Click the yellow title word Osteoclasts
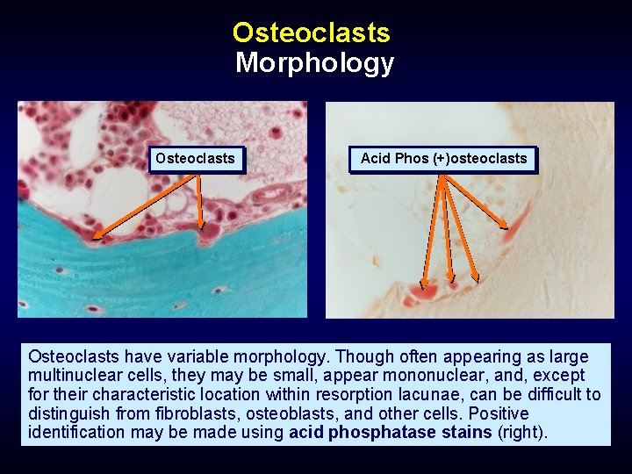tap(312, 33)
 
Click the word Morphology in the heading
tap(314, 63)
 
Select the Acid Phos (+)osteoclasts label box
tap(443, 159)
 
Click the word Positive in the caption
tap(499, 413)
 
